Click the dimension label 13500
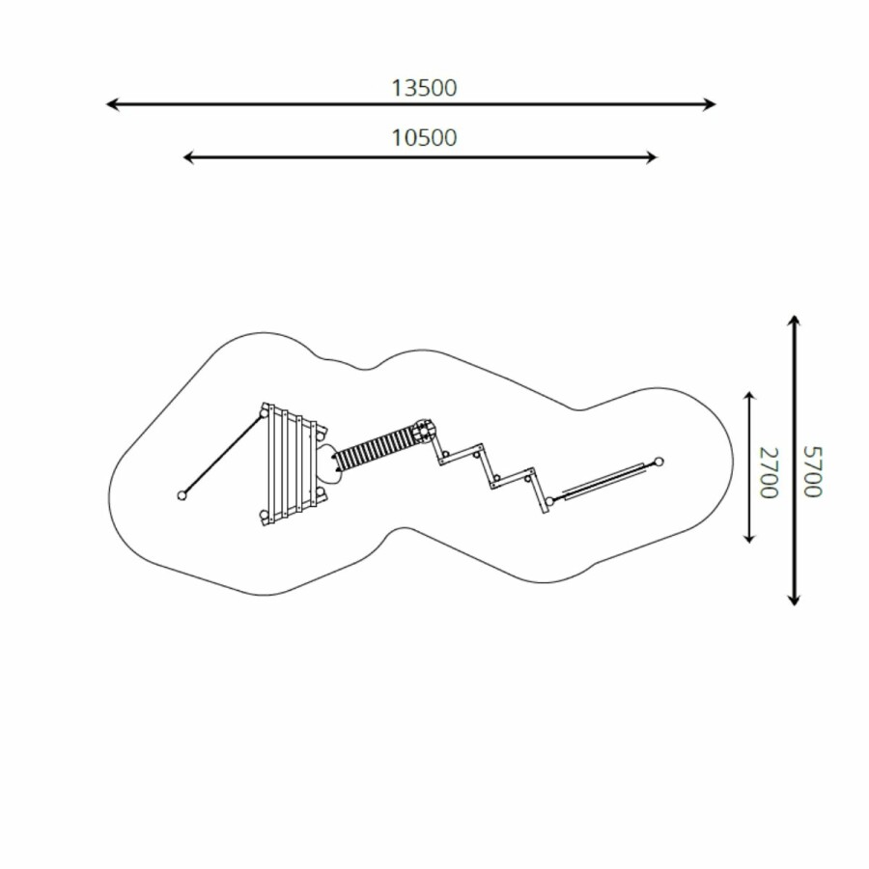click(424, 88)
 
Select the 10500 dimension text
click(424, 138)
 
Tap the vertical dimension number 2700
click(769, 472)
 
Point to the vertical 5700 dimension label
click(812, 471)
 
